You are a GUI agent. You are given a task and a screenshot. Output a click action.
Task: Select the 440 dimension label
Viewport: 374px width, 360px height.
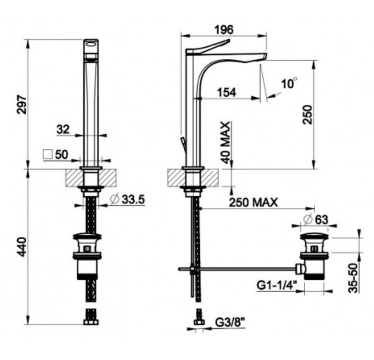(21, 248)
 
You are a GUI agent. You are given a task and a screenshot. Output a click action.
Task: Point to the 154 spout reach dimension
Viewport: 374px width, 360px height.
(226, 92)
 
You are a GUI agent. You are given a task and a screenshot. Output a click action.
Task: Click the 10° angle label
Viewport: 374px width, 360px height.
(289, 83)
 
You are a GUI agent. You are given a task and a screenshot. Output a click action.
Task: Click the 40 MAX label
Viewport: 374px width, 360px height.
(225, 142)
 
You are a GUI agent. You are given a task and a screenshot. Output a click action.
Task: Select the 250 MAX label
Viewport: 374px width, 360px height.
(253, 203)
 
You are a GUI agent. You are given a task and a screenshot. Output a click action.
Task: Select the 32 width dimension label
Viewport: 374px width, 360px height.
(63, 129)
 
